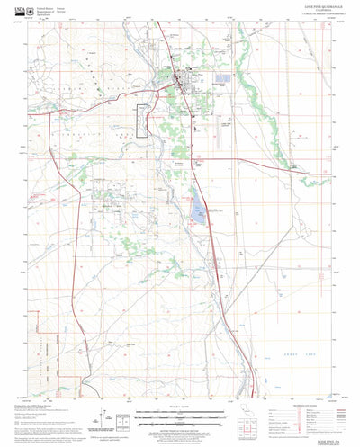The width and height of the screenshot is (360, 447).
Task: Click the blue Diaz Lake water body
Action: pyautogui.click(x=196, y=211)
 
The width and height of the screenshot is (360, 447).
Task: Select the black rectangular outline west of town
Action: pyautogui.click(x=141, y=121)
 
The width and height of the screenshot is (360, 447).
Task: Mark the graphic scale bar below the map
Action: pyautogui.click(x=179, y=416)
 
